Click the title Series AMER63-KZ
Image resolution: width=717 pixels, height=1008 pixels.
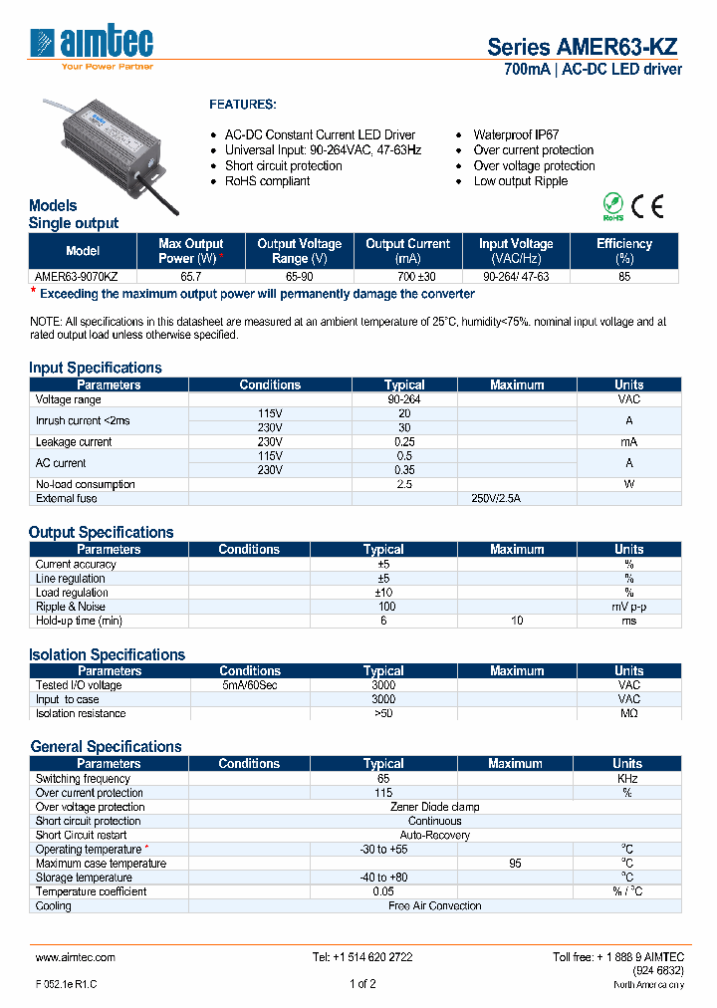(x=583, y=47)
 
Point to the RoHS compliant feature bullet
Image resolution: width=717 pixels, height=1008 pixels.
(x=267, y=181)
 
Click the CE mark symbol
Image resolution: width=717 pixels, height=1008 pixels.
(x=648, y=207)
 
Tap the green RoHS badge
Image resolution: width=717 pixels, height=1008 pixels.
(x=613, y=207)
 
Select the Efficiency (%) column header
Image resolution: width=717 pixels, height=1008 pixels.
(x=623, y=250)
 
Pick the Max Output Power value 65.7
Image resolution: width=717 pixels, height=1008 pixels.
(x=190, y=277)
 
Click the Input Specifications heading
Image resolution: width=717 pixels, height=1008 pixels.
(x=96, y=368)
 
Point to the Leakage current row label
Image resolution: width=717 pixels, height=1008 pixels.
(x=74, y=441)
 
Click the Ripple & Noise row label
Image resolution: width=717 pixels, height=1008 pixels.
(x=71, y=607)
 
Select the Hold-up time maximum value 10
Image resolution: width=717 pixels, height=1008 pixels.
(x=517, y=621)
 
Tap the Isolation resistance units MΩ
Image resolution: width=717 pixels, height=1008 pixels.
(x=628, y=713)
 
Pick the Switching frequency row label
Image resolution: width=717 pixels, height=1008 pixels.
(x=83, y=779)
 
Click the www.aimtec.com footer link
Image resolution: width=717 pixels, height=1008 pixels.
(x=76, y=957)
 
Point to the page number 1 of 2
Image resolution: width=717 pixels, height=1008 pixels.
(x=362, y=983)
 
